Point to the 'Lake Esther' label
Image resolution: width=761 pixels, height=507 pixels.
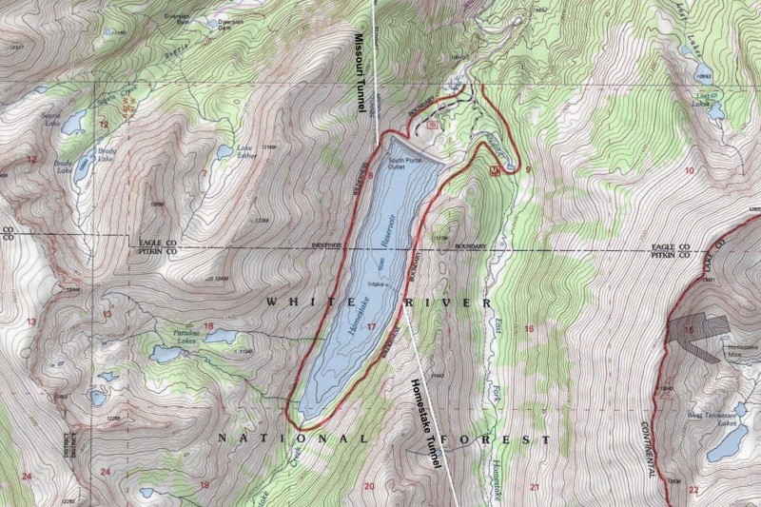point(245,152)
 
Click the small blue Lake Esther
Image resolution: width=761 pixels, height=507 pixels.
point(224,150)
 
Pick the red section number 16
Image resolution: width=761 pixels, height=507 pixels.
point(529,329)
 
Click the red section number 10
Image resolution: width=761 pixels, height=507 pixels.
point(689,170)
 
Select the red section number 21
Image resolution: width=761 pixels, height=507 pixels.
point(534,488)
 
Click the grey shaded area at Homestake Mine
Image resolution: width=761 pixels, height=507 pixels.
point(699,333)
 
